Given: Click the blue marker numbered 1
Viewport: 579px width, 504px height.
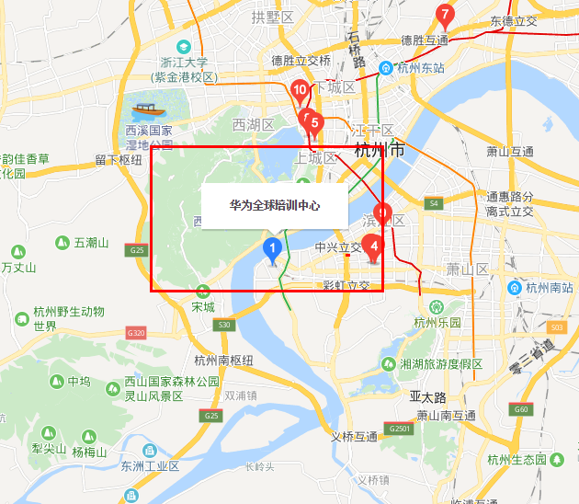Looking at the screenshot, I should [272, 248].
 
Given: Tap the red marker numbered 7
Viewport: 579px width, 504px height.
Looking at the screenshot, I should [445, 16].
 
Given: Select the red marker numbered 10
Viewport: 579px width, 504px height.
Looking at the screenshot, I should [299, 90].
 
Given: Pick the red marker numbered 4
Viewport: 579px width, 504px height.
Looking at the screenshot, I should [373, 246].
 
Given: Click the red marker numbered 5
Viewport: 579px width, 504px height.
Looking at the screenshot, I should [314, 121].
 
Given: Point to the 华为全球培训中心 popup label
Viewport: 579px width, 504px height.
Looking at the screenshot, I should [275, 205].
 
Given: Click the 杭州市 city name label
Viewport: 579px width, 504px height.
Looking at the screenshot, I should [379, 150].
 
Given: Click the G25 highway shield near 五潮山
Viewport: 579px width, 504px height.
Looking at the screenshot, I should [138, 250].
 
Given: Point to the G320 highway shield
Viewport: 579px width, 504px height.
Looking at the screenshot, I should [136, 332].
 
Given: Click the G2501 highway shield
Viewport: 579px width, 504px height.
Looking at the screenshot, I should [400, 429].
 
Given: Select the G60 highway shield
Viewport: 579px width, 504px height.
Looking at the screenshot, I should [521, 409].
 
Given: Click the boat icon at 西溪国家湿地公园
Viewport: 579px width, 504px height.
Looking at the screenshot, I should [142, 111].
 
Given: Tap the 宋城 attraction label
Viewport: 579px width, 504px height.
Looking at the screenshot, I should [203, 306].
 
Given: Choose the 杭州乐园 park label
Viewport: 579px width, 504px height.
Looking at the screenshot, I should [437, 322].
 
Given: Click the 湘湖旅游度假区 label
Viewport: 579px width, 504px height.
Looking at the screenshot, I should [441, 363].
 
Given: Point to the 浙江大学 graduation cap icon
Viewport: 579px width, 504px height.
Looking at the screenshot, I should [185, 47].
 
